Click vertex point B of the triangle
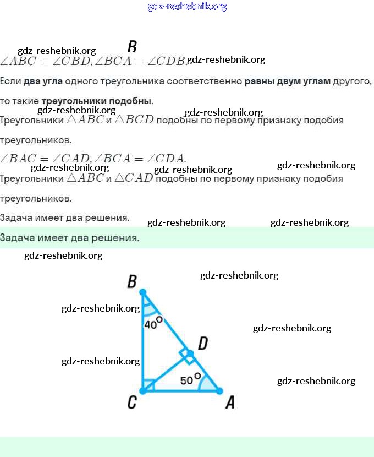pos(143,292)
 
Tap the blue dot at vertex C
pos(143,391)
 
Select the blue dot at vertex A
pos(219,391)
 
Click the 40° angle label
pos(153,323)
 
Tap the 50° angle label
pos(189,379)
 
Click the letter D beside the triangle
pos(202,344)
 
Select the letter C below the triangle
pos(132,403)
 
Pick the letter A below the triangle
pos(230,403)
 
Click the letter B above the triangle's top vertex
pos(132,282)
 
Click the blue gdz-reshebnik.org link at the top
pos(187,7)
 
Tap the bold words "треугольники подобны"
pos(97,101)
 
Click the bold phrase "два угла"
pos(43,81)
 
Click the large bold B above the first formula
pos(132,46)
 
